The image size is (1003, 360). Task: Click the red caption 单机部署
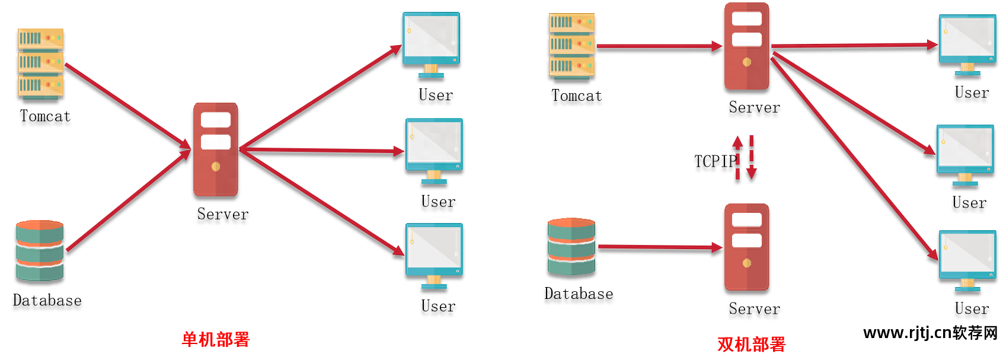(216, 340)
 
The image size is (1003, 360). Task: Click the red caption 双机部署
(751, 345)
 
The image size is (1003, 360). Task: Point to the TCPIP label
(715, 161)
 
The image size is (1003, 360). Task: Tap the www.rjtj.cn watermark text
(930, 333)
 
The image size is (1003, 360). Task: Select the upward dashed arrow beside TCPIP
(737, 157)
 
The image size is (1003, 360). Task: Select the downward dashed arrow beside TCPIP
(752, 157)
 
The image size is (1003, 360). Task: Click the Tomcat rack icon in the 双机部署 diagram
(571, 46)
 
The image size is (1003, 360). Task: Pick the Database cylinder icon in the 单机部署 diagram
(40, 251)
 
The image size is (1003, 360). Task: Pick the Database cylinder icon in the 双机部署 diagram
(571, 247)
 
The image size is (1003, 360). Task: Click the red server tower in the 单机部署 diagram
(215, 149)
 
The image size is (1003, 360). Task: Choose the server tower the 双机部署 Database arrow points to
(746, 247)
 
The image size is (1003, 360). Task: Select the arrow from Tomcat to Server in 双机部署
(658, 46)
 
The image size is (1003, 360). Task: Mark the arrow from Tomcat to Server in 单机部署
(127, 105)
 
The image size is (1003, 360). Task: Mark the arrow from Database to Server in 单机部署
(127, 201)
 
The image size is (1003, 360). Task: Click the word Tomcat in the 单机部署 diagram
(45, 116)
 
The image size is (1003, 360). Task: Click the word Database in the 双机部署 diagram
(579, 294)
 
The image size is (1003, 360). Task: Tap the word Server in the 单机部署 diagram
(223, 214)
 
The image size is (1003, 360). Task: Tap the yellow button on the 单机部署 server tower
(216, 167)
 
